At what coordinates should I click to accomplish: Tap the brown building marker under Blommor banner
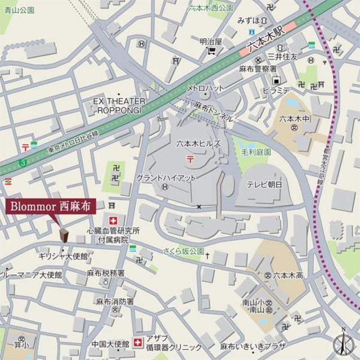coord(64,235)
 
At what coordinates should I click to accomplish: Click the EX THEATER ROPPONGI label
coord(119,105)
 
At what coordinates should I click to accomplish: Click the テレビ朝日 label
coord(264,184)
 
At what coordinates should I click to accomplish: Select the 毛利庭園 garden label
coord(259,152)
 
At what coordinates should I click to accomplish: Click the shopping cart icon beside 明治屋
coord(211,51)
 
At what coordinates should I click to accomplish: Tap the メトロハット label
coord(205,88)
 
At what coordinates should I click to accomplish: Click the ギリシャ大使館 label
coord(63,256)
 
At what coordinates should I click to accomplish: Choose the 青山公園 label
coord(17,10)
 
